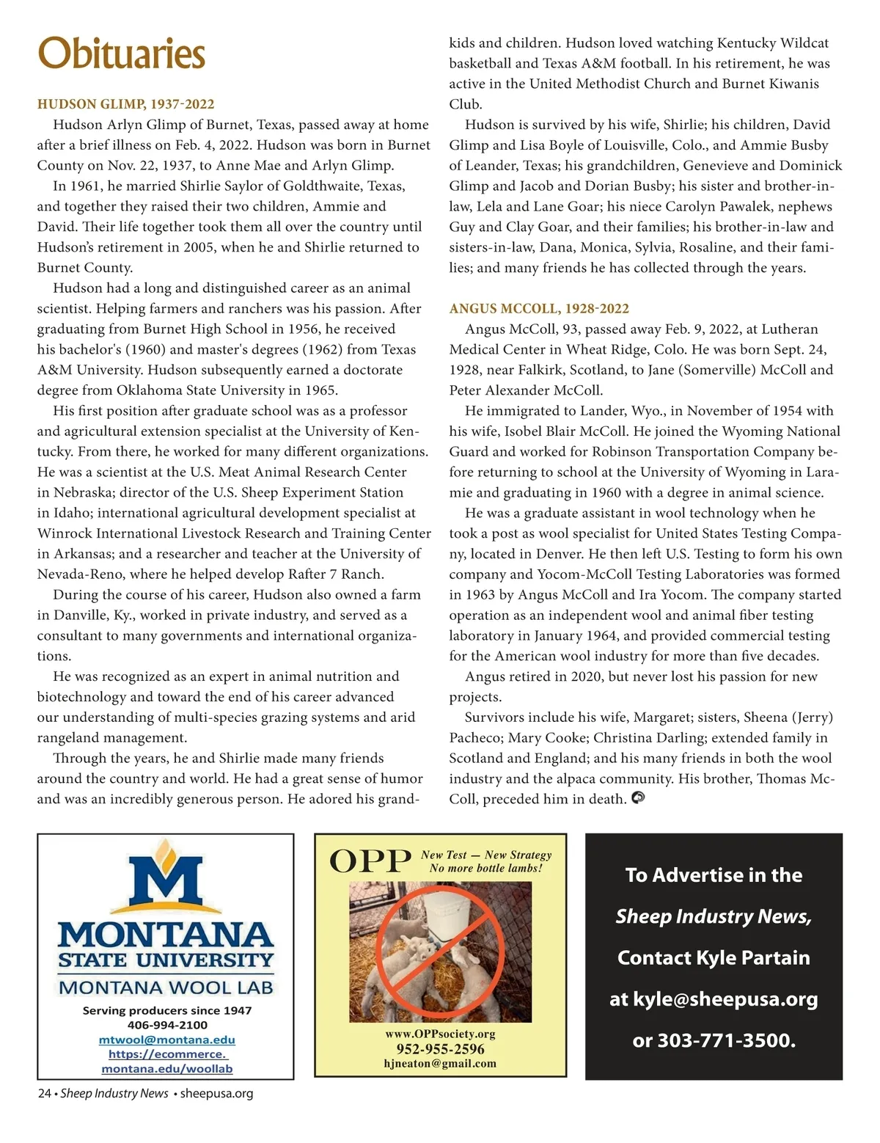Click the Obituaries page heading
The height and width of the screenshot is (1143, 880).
121,54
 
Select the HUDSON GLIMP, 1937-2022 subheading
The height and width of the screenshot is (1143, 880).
125,104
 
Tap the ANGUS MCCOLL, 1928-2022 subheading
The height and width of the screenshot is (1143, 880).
539,309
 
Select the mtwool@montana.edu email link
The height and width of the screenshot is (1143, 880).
167,1040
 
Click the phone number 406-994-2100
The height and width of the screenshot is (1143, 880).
167,1025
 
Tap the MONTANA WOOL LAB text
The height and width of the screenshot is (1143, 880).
166,987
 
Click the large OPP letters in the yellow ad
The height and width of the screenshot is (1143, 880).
370,861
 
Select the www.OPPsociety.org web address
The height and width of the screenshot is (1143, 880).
440,1034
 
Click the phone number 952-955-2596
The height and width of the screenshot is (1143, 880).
440,1049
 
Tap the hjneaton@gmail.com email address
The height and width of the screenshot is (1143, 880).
440,1064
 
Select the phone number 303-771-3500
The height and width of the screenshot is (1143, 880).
724,1040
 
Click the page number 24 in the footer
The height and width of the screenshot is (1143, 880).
44,1094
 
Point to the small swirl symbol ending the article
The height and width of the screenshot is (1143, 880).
638,797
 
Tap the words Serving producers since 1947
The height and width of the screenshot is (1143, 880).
167,1010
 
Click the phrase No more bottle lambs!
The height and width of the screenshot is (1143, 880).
485,869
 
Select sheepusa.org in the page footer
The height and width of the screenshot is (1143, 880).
216,1094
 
